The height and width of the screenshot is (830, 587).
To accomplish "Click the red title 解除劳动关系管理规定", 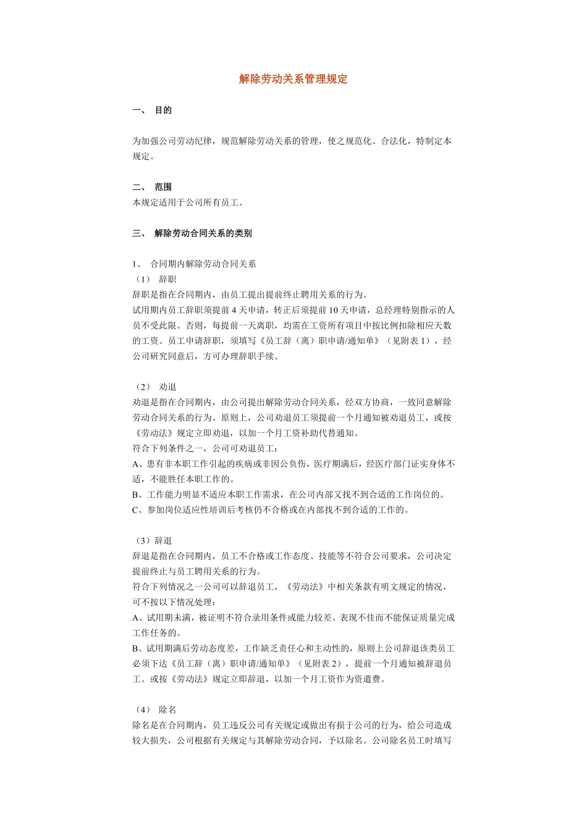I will pyautogui.click(x=293, y=79).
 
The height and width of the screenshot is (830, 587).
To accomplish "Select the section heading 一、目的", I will pyautogui.click(x=152, y=111).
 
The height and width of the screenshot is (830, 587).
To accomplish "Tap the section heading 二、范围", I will pyautogui.click(x=152, y=187).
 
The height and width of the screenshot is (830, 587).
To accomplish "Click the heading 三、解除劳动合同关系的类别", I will pyautogui.click(x=192, y=233).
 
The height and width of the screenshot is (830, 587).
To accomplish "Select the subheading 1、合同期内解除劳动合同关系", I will pyautogui.click(x=194, y=264).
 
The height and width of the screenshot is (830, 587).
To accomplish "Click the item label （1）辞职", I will pyautogui.click(x=154, y=280).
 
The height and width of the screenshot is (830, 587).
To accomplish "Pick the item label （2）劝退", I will pyautogui.click(x=154, y=387).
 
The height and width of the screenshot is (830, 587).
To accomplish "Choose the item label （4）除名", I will pyautogui.click(x=154, y=710).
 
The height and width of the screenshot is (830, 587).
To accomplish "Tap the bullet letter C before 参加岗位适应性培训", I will pyautogui.click(x=135, y=510).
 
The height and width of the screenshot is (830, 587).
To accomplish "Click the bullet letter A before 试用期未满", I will pyautogui.click(x=135, y=618).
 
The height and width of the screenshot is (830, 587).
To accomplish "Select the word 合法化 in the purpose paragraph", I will pyautogui.click(x=394, y=141).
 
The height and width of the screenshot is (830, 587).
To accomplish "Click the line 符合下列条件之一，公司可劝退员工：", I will pyautogui.click(x=206, y=448).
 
